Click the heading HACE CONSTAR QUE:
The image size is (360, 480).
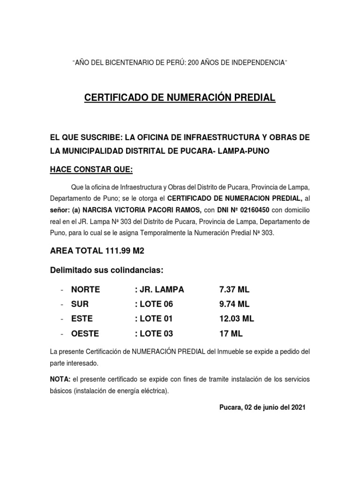coord(88,168)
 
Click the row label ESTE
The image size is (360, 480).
coord(82,319)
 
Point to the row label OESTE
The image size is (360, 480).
coord(84,334)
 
